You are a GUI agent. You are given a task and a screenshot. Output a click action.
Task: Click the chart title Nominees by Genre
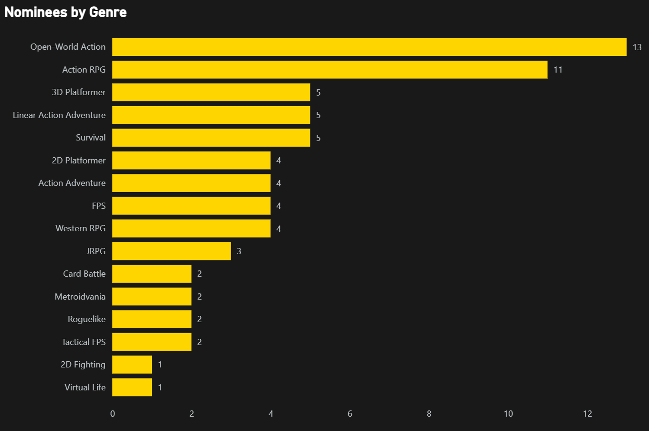[65, 12]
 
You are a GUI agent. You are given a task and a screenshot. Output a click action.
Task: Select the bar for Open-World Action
[369, 47]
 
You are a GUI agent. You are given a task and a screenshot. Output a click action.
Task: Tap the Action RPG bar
[330, 70]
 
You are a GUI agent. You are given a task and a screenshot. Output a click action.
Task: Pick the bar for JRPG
[171, 251]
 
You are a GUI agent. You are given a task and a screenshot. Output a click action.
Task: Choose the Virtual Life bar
[132, 388]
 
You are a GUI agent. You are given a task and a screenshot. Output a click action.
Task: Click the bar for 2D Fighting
[132, 365]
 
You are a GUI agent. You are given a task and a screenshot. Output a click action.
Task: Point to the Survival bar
[211, 138]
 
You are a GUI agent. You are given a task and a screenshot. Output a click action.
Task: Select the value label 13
[637, 47]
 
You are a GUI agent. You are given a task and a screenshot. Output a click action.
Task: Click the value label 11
[558, 70]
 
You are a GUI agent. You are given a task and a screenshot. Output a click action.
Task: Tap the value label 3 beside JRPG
[239, 251]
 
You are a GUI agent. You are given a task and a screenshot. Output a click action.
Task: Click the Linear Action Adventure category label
[59, 115]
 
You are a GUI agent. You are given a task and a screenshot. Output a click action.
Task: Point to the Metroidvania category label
[80, 297]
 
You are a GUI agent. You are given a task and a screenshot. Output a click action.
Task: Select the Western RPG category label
[80, 228]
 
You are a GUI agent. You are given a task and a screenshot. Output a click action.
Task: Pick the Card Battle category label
[84, 274]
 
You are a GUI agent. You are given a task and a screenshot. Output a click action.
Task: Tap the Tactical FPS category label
[84, 342]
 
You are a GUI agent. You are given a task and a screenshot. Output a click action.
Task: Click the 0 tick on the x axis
[113, 414]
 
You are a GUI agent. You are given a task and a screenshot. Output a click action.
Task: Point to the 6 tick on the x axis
[350, 414]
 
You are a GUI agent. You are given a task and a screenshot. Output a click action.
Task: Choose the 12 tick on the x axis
[587, 414]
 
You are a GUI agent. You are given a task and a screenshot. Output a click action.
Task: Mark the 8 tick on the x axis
[429, 414]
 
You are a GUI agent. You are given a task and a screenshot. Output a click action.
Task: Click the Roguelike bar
[152, 319]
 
